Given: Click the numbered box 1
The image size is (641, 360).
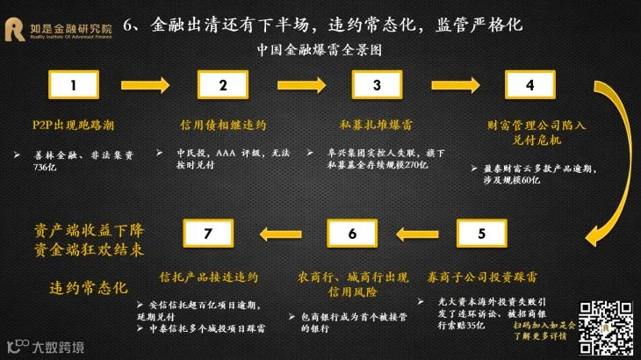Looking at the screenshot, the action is pyautogui.click(x=74, y=85).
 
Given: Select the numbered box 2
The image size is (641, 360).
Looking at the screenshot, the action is pyautogui.click(x=223, y=85).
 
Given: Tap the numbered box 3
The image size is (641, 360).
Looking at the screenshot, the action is pyautogui.click(x=377, y=85).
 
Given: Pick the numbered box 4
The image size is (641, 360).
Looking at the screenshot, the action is pyautogui.click(x=529, y=85).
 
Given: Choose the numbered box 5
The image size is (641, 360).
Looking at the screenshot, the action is pyautogui.click(x=480, y=234).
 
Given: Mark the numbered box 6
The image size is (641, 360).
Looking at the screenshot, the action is pyautogui.click(x=352, y=234).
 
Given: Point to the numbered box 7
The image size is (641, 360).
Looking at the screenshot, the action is pyautogui.click(x=207, y=234).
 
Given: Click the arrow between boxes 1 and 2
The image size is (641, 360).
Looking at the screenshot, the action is pyautogui.click(x=148, y=85).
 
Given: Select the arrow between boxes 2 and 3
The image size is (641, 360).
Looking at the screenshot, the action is pyautogui.click(x=299, y=85).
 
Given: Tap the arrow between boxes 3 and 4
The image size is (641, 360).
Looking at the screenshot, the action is pyautogui.click(x=453, y=85).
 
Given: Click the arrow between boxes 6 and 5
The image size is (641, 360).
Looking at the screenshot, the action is pyautogui.click(x=416, y=234).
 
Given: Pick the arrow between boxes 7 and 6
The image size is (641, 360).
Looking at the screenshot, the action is pyautogui.click(x=279, y=234).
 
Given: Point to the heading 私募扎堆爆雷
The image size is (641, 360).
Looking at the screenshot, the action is pyautogui.click(x=377, y=125).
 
